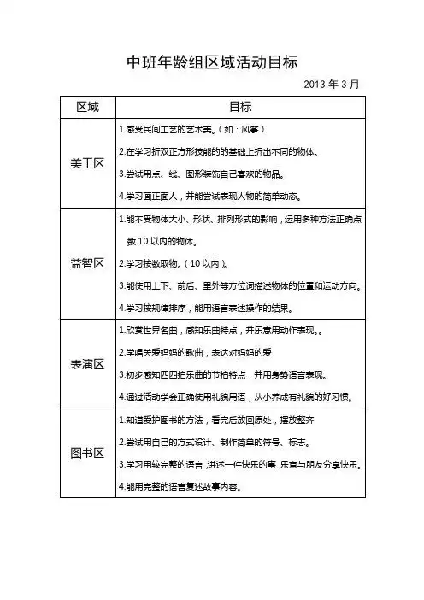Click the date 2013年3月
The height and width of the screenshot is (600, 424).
click(331, 85)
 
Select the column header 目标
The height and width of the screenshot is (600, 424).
click(240, 107)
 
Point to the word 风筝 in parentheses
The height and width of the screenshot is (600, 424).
click(255, 131)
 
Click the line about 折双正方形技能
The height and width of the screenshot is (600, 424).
click(218, 153)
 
